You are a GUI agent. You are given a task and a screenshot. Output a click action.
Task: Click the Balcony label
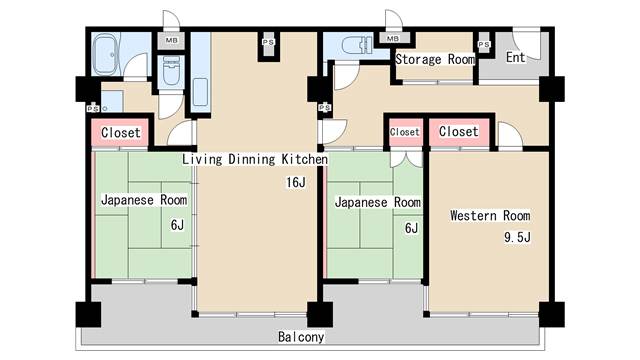click(301, 337)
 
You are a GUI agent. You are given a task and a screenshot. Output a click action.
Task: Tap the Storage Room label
click(435, 59)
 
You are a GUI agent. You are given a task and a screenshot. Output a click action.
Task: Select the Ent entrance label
click(515, 57)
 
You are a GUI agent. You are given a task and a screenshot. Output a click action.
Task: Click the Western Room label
click(490, 215)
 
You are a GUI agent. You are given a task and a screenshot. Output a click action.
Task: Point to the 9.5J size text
click(517, 237)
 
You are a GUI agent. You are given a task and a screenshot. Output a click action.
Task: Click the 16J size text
click(296, 182)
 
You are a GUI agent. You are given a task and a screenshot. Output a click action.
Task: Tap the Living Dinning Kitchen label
click(255, 159)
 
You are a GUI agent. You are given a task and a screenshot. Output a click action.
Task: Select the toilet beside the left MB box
click(170, 71)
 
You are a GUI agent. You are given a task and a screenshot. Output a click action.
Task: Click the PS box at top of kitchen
click(268, 42)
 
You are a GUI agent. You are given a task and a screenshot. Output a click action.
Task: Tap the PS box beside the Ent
click(484, 44)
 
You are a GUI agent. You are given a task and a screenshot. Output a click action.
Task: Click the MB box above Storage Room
click(392, 39)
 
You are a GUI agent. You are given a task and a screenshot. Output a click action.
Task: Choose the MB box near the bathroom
click(171, 40)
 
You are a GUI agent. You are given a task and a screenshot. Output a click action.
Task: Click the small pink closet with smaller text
click(404, 132)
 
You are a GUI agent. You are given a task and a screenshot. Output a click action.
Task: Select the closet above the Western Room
click(459, 132)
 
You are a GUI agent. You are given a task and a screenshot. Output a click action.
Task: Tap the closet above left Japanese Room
click(120, 132)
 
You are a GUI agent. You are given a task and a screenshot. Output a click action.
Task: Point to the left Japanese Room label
click(144, 200)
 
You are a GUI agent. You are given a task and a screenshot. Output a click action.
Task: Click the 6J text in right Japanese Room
click(411, 228)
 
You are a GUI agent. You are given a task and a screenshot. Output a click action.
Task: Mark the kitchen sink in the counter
click(200, 92)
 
